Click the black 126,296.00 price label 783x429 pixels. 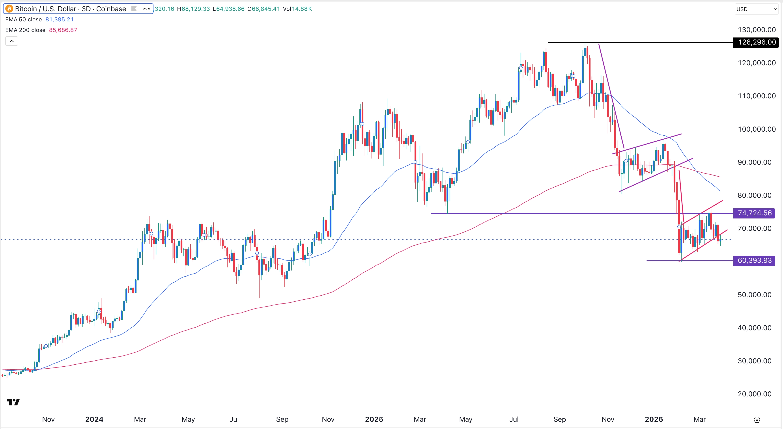pos(756,42)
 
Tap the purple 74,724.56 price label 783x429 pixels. pos(754,213)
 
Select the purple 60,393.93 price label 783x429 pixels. pos(754,260)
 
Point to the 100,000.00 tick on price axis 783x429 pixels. pos(757,129)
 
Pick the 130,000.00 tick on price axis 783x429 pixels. pos(757,30)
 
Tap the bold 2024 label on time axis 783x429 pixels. pos(94,419)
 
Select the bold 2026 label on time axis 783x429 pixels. pos(654,419)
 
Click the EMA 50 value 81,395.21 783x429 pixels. pos(59,19)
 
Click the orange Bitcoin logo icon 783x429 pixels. pos(9,9)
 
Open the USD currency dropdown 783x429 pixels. pos(756,9)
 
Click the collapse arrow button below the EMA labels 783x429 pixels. pos(11,41)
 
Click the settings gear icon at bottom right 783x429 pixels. pos(757,420)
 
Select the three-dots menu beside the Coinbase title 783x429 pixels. pos(146,9)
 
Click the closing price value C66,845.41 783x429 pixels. pos(263,9)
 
